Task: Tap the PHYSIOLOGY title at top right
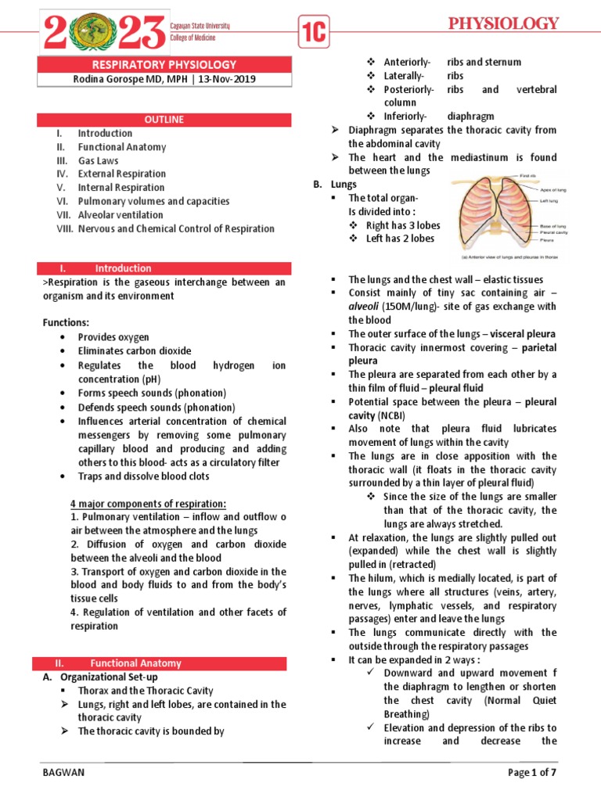coord(503,23)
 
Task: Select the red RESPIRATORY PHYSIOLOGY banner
coord(164,64)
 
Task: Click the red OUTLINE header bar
coord(164,119)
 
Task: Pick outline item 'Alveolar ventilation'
coord(121,214)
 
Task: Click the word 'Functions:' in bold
coord(65,323)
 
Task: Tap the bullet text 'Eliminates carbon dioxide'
coord(134,351)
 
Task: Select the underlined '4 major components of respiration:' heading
coord(148,503)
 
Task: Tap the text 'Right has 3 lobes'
coord(403,225)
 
